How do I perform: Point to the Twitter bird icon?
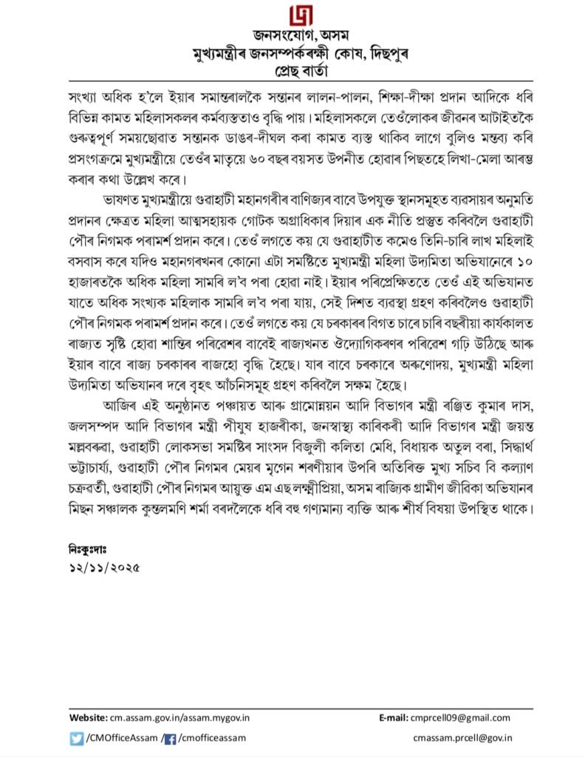[77, 737]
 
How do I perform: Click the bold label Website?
[89, 717]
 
